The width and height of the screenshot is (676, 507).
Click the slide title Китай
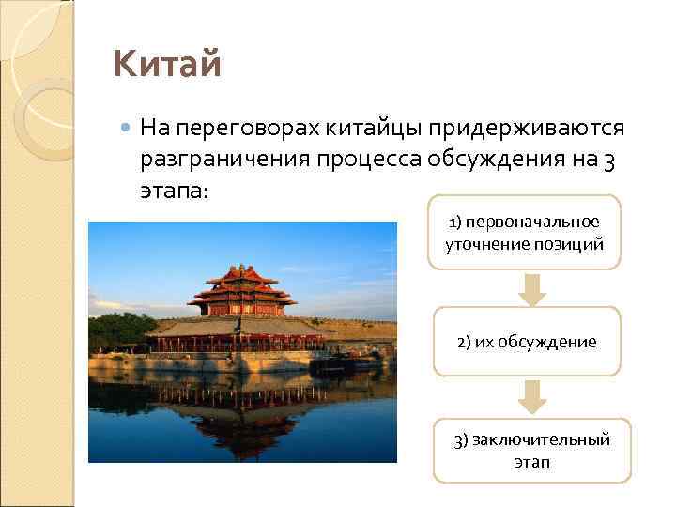[167, 66]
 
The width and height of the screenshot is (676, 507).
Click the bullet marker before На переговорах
[126, 127]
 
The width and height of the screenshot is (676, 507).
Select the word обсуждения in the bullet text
[497, 160]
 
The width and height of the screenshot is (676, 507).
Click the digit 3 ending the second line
[609, 160]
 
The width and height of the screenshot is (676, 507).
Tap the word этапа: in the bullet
[176, 192]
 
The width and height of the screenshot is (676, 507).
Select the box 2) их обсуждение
[526, 341]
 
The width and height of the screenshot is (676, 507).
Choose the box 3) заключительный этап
[531, 450]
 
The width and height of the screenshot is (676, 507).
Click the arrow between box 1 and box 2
[532, 289]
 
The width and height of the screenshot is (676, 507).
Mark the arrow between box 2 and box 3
[532, 397]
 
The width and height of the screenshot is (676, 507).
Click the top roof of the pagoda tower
[242, 275]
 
